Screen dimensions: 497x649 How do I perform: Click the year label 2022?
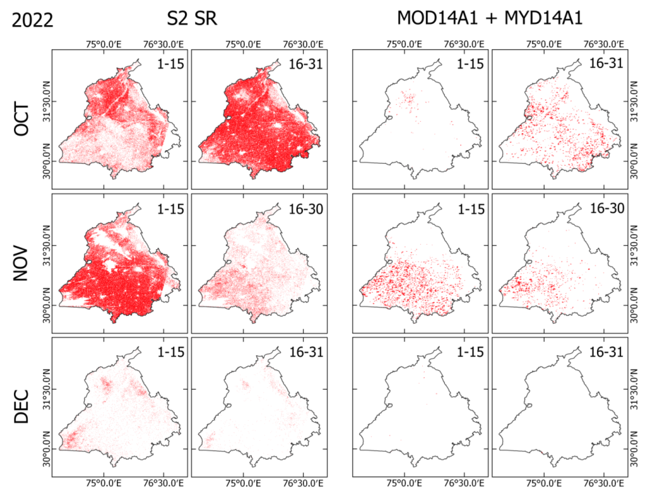click(x=32, y=20)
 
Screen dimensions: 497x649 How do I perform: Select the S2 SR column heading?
click(x=192, y=18)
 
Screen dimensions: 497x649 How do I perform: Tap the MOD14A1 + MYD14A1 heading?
click(x=490, y=18)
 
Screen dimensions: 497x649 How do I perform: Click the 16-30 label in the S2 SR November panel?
click(x=306, y=209)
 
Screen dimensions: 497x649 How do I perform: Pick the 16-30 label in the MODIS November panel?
click(x=607, y=209)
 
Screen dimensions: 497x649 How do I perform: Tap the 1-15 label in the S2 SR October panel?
click(x=170, y=64)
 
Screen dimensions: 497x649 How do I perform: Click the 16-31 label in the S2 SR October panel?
click(x=306, y=64)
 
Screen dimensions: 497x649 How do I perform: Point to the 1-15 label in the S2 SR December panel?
click(x=171, y=352)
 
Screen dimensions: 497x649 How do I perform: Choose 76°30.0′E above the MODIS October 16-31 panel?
click(x=604, y=44)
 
